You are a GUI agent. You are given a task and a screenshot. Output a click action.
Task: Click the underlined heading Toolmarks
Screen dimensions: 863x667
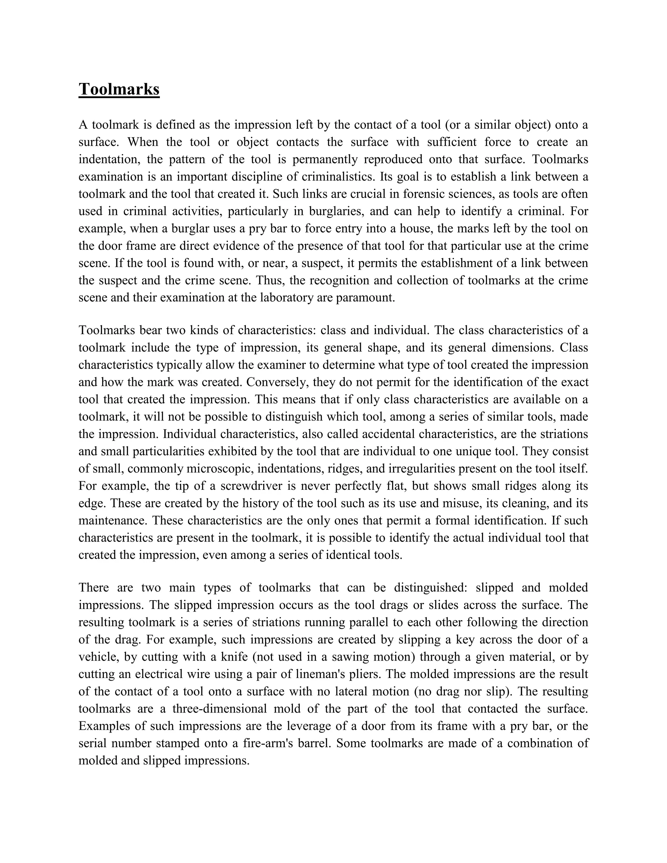(x=119, y=89)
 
